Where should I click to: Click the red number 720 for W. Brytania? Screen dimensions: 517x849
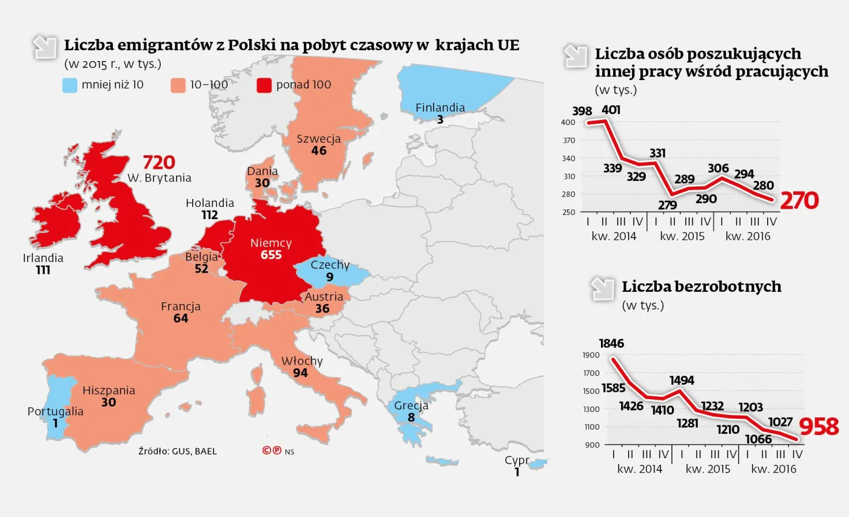159,163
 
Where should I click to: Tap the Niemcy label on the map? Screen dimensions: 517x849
271,243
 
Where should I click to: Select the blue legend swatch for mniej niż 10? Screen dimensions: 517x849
70,85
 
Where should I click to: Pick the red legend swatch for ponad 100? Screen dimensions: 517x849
264,85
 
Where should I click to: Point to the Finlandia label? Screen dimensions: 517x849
440,108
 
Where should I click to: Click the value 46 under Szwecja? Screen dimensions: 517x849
318,150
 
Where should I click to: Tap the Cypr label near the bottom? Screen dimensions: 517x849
517,461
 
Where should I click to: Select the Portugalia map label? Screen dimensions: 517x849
55,411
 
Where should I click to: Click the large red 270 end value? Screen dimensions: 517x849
799,200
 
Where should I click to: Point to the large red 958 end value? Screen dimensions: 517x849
819,427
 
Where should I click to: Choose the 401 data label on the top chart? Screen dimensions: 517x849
612,110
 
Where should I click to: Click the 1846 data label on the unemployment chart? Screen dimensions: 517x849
611,343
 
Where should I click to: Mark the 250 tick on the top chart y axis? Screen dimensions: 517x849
568,212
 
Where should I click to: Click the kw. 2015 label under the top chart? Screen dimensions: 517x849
682,236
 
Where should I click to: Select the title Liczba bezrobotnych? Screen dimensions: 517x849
701,286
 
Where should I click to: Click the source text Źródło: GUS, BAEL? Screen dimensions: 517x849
177,451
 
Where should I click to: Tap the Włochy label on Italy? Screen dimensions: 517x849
301,361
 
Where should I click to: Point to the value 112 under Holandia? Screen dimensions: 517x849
210,215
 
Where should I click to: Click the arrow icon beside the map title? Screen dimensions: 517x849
45,47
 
